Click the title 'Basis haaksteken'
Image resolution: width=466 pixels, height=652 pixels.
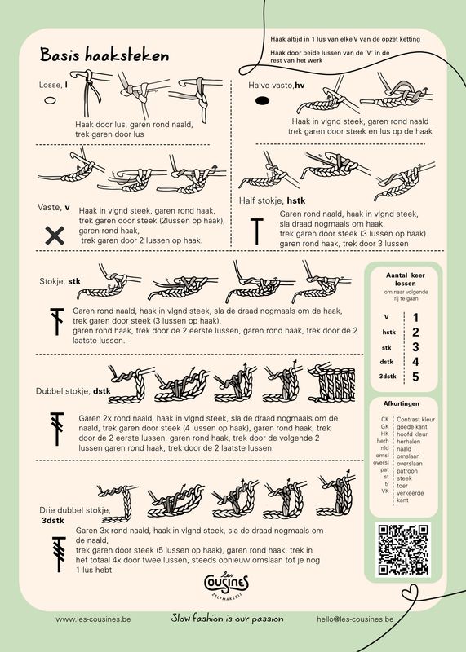(x=104, y=55)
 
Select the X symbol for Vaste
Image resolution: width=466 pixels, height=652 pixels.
(x=55, y=236)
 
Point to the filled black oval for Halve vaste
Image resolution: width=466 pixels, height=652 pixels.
(x=263, y=103)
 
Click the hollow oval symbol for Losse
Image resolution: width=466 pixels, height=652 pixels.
(x=50, y=102)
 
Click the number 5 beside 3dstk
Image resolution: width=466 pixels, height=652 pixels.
(x=415, y=377)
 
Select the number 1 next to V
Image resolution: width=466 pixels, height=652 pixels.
(x=415, y=318)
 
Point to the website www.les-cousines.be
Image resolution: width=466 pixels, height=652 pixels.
(x=93, y=619)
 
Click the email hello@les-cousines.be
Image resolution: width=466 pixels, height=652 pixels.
(x=355, y=619)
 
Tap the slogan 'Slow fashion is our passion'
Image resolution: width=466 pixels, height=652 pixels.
(x=227, y=619)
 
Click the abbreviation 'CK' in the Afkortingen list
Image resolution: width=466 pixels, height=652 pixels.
(x=384, y=419)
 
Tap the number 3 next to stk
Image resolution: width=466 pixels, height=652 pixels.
(x=415, y=347)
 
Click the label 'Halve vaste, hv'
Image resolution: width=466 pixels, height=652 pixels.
(x=277, y=85)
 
